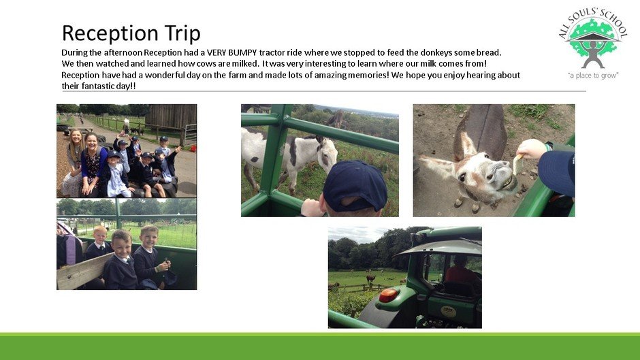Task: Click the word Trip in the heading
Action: coord(182,33)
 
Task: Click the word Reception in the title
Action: coord(110,33)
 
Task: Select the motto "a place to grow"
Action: coord(593,75)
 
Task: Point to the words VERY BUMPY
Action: coord(232,52)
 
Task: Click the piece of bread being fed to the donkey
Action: coord(517,163)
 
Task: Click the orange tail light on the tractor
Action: coord(388,295)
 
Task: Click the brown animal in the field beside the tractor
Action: coord(370,279)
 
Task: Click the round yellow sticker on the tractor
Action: coord(448,312)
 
